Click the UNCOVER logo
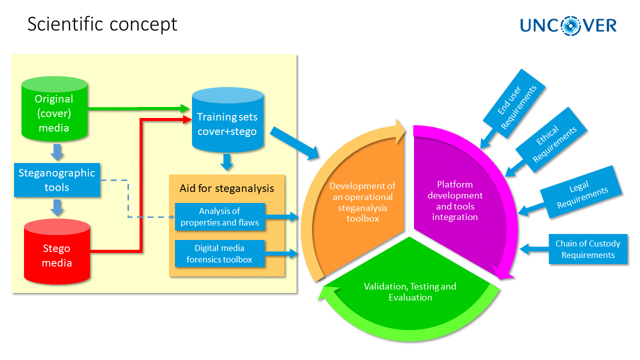(568, 25)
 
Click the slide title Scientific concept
(102, 24)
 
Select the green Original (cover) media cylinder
(54, 111)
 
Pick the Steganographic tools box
(56, 180)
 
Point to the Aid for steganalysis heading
(227, 188)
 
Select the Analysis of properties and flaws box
(219, 217)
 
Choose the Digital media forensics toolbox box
(219, 253)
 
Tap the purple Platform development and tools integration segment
(455, 200)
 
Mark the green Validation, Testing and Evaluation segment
(410, 292)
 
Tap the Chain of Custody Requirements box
(587, 249)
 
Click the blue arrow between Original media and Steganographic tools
(58, 151)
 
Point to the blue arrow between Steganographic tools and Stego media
(58, 207)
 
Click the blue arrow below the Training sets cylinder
(227, 161)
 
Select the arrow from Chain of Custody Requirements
(534, 248)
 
